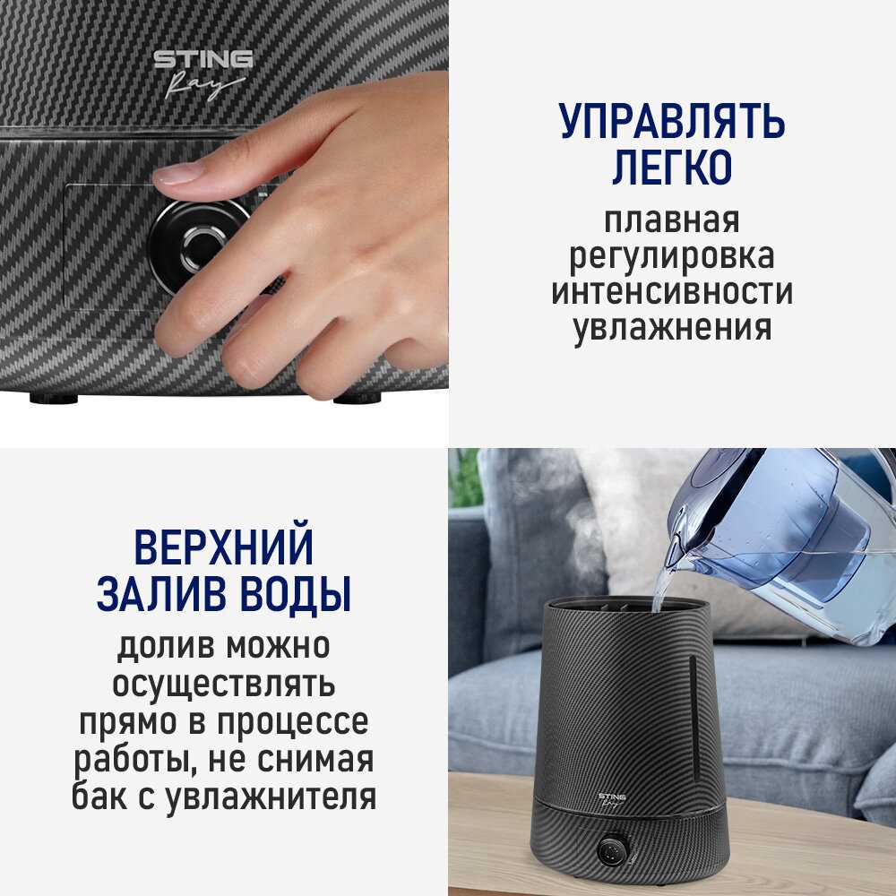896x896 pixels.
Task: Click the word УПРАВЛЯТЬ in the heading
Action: pos(672,122)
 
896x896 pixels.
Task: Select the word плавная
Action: pos(672,220)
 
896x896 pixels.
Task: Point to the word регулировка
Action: pos(672,257)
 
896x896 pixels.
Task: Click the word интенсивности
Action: pos(672,292)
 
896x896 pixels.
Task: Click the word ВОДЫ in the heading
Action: pos(291,594)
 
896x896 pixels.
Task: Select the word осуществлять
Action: pos(223,685)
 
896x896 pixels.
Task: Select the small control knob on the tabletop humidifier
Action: pos(614,848)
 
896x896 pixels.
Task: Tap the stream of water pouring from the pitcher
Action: pos(661,587)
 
